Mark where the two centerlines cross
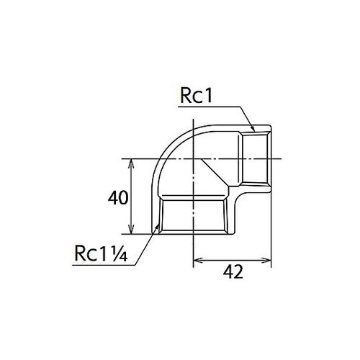(x=195, y=159)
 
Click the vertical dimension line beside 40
(x=130, y=197)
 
